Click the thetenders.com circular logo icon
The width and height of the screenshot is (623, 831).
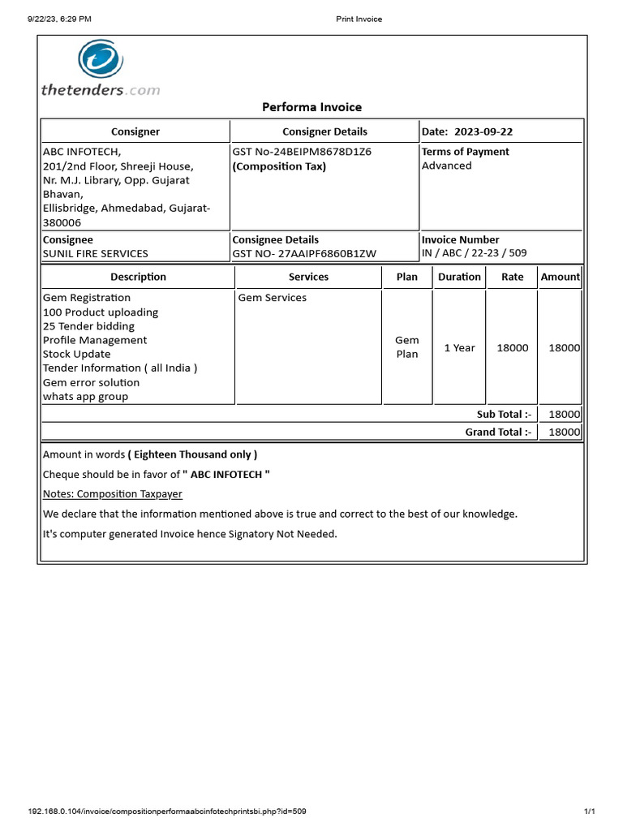pos(101,61)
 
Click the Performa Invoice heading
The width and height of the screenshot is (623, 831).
pos(311,107)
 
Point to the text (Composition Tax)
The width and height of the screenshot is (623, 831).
pos(279,166)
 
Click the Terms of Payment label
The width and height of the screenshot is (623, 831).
pos(465,152)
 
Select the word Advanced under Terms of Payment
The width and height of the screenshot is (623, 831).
pos(446,166)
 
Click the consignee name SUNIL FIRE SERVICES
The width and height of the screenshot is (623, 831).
pos(95,253)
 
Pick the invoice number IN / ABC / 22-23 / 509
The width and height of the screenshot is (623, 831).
pos(474,252)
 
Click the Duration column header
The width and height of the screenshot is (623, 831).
pos(459,277)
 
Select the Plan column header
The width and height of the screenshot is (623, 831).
pos(407,277)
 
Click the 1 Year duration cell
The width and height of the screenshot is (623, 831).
pos(459,347)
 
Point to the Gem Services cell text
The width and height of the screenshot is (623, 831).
pos(273,298)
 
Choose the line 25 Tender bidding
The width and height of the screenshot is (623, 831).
pos(88,326)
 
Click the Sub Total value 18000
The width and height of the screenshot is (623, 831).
pos(564,414)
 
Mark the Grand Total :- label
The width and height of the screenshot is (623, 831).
pos(498,432)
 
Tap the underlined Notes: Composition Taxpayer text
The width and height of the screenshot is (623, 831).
pos(112,493)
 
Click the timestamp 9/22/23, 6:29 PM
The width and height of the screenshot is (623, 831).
pos(59,19)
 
